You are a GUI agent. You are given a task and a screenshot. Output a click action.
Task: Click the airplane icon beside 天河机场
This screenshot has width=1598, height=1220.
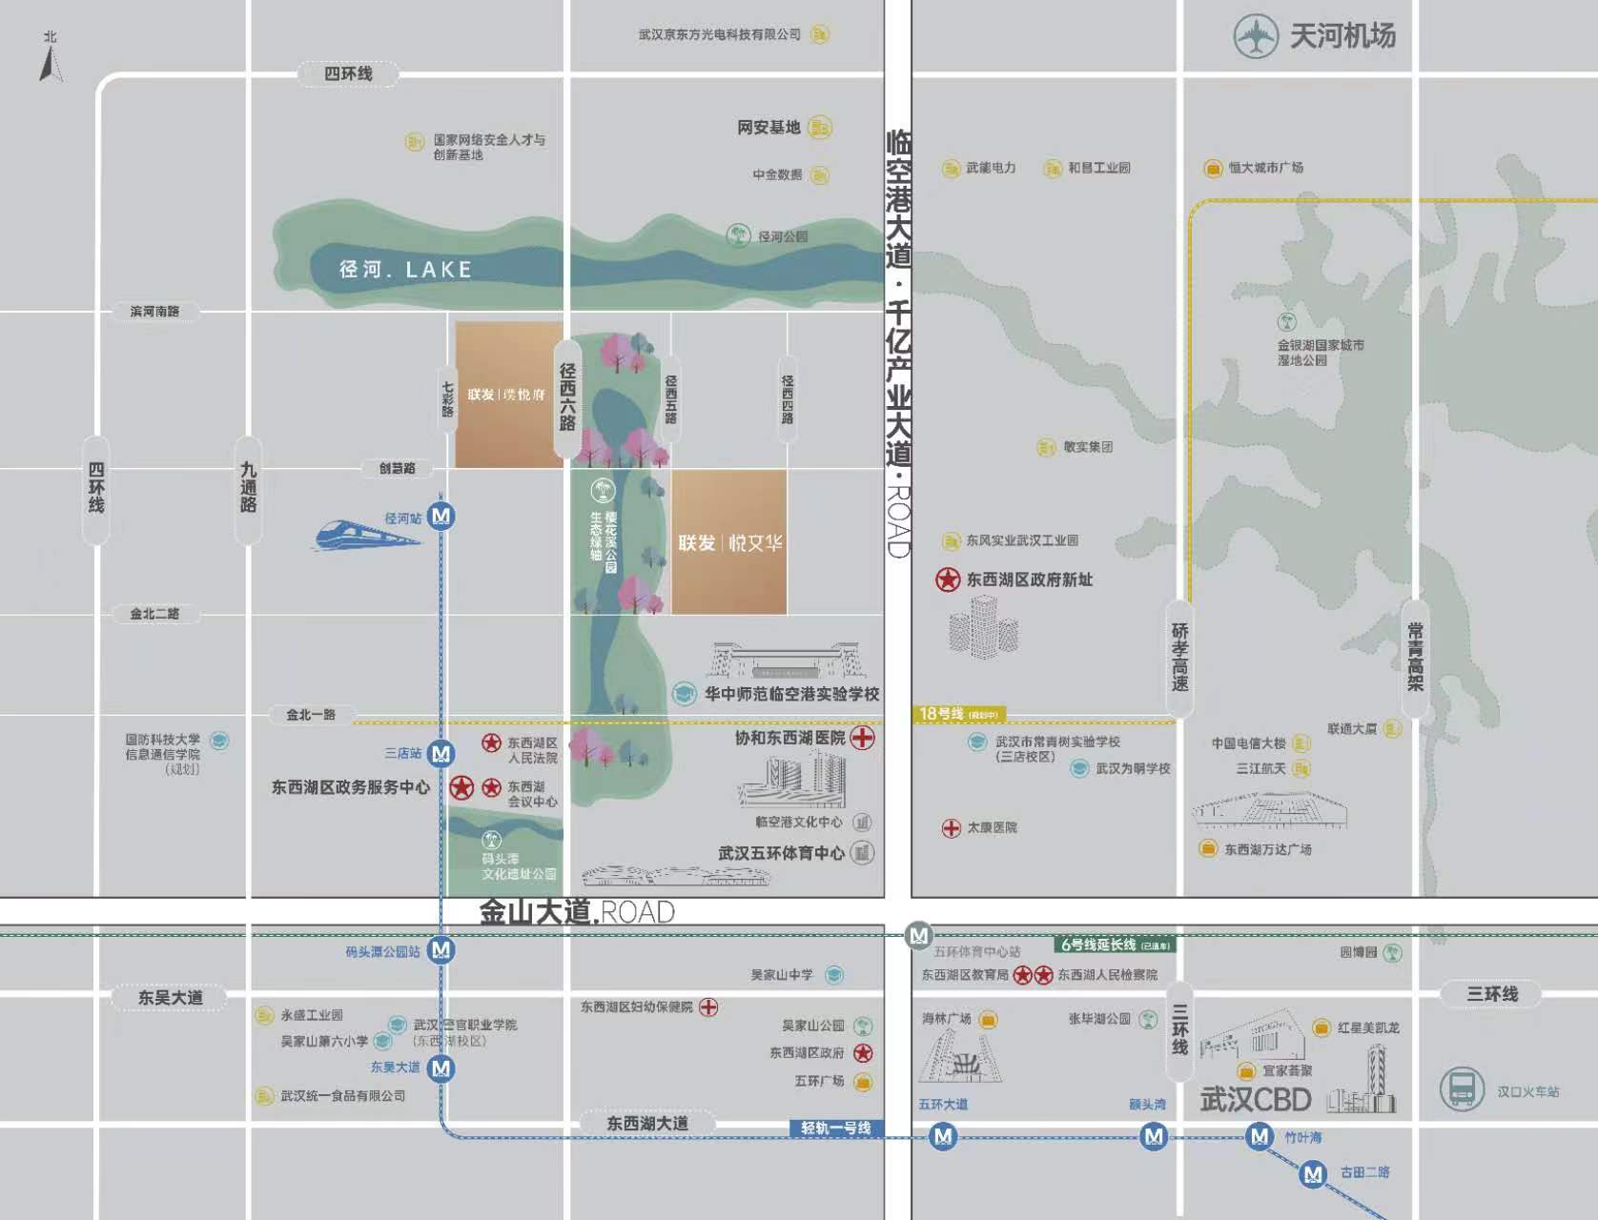click(1256, 37)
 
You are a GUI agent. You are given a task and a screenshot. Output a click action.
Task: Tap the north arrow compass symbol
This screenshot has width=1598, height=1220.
click(51, 59)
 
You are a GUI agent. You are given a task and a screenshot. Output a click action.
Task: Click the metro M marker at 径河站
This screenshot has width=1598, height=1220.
click(440, 517)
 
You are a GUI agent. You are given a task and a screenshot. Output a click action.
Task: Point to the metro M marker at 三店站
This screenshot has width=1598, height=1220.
click(440, 753)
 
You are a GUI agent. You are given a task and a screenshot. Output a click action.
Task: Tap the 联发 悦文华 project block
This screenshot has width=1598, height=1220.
click(729, 542)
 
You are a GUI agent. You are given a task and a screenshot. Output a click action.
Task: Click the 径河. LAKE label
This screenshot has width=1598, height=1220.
click(405, 270)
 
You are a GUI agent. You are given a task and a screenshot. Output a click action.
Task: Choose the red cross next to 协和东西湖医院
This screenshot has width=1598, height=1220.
click(862, 738)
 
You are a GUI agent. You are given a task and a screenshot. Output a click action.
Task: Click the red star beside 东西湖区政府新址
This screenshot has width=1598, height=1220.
click(947, 579)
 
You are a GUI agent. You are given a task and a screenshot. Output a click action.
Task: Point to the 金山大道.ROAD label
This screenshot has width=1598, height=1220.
click(577, 912)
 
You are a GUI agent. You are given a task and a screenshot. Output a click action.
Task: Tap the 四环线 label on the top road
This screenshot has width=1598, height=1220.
click(348, 73)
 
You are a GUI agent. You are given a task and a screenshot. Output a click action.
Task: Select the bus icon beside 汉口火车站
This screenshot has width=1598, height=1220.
click(1461, 1088)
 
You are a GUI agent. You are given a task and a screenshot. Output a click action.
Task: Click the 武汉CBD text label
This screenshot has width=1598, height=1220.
click(1255, 1099)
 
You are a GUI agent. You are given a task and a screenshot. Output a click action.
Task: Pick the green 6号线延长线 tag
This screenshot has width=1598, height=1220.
click(1114, 945)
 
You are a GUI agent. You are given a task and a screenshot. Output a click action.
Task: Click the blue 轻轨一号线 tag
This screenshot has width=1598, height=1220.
click(835, 1128)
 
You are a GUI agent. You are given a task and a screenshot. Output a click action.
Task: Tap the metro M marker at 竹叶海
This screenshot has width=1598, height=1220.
click(1260, 1136)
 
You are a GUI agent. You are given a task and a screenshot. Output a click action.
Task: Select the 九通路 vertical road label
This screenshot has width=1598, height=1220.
click(248, 488)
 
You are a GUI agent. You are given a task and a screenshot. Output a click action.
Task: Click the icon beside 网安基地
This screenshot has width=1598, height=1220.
click(819, 127)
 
